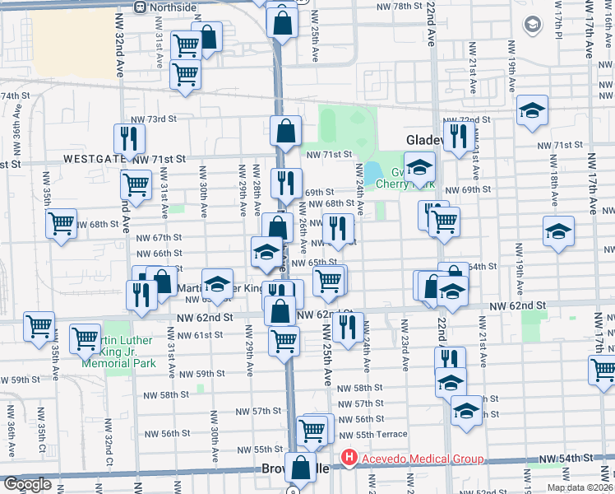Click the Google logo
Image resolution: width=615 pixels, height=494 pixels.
27,485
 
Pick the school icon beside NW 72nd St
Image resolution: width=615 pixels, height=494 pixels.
532,111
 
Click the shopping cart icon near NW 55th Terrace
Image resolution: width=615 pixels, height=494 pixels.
313,430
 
